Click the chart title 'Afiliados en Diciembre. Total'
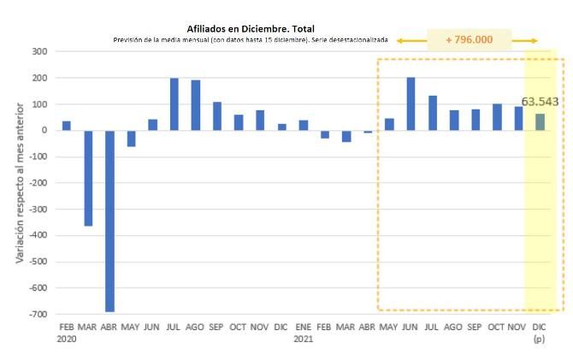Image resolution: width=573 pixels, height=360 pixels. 251,28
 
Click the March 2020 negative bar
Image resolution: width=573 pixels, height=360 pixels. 88,178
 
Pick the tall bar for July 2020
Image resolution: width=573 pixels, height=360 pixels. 174,104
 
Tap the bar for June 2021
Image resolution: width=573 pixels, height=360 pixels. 411,104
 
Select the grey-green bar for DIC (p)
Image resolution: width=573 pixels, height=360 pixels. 540,122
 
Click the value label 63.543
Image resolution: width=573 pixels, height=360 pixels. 540,102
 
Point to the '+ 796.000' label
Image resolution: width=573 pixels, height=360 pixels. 468,40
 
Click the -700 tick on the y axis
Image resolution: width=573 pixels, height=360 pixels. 37,315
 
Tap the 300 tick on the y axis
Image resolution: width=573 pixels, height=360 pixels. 38,52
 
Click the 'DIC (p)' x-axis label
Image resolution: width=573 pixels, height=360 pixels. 540,333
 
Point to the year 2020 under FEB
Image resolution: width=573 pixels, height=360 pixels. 67,339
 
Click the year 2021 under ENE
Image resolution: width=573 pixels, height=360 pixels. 304,339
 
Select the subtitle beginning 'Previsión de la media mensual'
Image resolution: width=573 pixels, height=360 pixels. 251,40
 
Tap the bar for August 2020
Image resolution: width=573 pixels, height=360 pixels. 196,105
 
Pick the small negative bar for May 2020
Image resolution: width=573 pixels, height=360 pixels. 131,139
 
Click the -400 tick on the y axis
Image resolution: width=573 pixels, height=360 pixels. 37,236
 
